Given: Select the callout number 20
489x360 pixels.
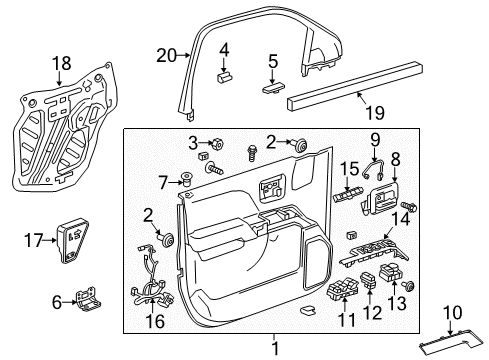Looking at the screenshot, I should coord(166,55).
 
